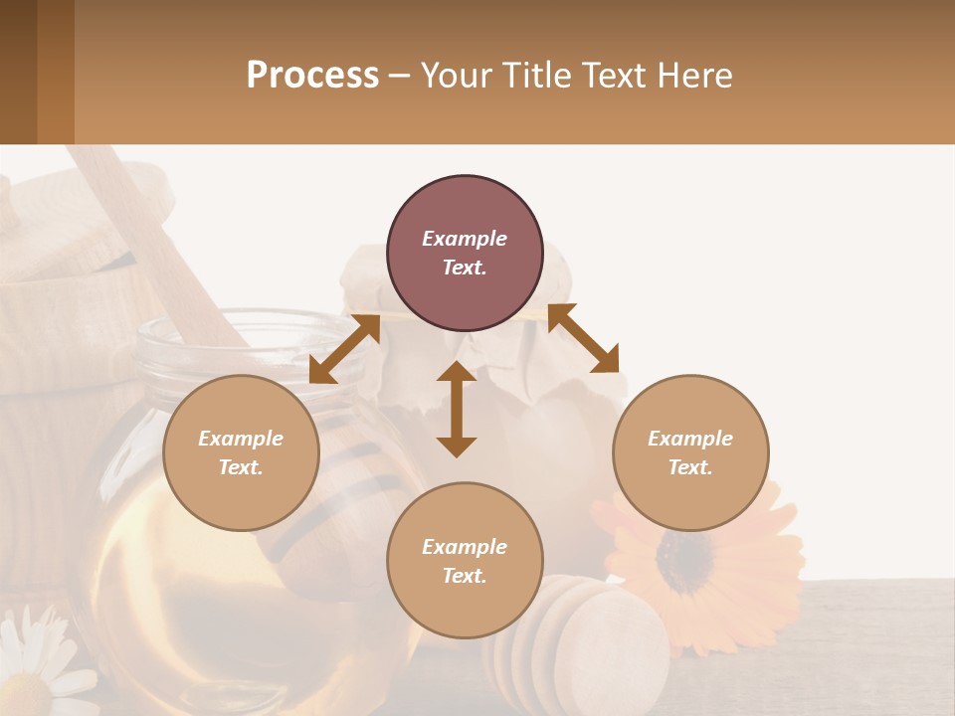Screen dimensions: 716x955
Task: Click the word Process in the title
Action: tap(312, 76)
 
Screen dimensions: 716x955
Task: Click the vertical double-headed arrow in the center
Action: tap(457, 409)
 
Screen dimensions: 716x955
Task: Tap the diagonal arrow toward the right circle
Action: tap(584, 338)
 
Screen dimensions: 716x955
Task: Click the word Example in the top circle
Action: tap(465, 239)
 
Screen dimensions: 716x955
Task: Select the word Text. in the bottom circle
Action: tap(465, 576)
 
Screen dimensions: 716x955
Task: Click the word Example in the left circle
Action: tap(241, 439)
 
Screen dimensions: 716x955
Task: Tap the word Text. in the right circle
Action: tap(690, 467)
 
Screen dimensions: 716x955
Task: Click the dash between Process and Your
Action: tap(399, 76)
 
